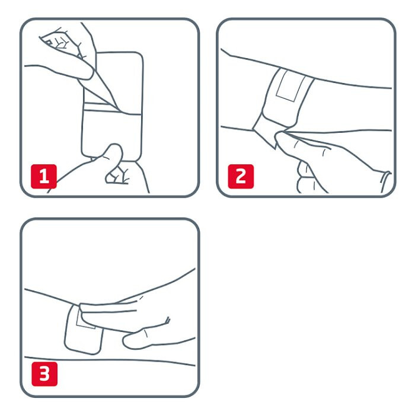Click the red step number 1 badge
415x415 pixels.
point(44,176)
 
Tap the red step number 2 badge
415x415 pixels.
point(241,176)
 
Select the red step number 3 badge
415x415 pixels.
point(44,374)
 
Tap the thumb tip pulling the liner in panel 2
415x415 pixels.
point(281,137)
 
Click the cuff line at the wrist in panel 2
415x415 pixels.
point(385,182)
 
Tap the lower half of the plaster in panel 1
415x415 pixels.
point(111,135)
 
